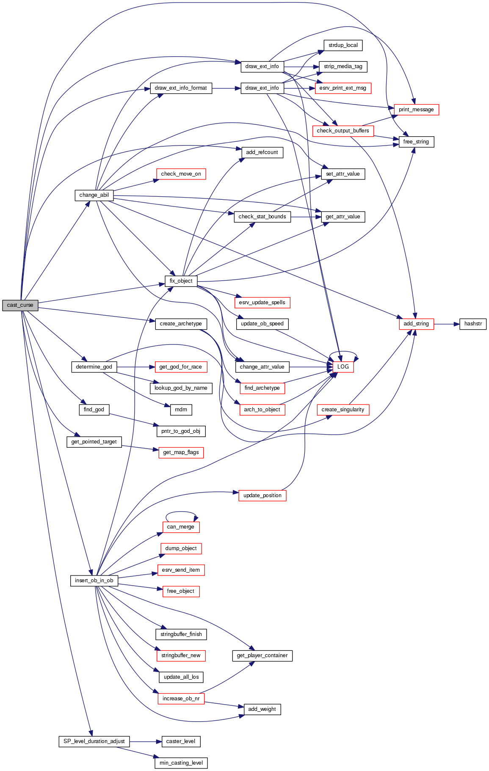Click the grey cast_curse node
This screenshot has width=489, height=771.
coord(20,305)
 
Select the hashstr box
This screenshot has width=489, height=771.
coord(473,324)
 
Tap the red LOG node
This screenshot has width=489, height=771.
coord(343,367)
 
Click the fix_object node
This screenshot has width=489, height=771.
coord(181,281)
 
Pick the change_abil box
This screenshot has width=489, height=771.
coord(94,195)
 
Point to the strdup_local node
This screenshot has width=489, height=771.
coord(343,45)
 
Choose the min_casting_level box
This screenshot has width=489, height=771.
coord(181,763)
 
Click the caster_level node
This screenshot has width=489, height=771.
coord(181,741)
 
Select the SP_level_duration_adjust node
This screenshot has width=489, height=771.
coord(94,741)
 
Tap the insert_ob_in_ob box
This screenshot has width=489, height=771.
coord(94,581)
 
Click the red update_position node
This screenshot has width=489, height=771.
coord(262,496)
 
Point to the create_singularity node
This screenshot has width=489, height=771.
coord(343,410)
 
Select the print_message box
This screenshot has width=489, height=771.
coord(416,110)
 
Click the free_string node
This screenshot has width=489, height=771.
coord(416,142)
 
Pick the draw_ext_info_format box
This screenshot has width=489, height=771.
coord(181,88)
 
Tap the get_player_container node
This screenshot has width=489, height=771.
coord(262,655)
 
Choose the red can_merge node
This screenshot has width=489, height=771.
coord(181,527)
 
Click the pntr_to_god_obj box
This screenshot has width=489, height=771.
coord(181,431)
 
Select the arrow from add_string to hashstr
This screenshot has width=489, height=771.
coord(446,324)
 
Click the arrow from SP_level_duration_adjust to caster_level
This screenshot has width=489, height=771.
coord(146,741)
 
